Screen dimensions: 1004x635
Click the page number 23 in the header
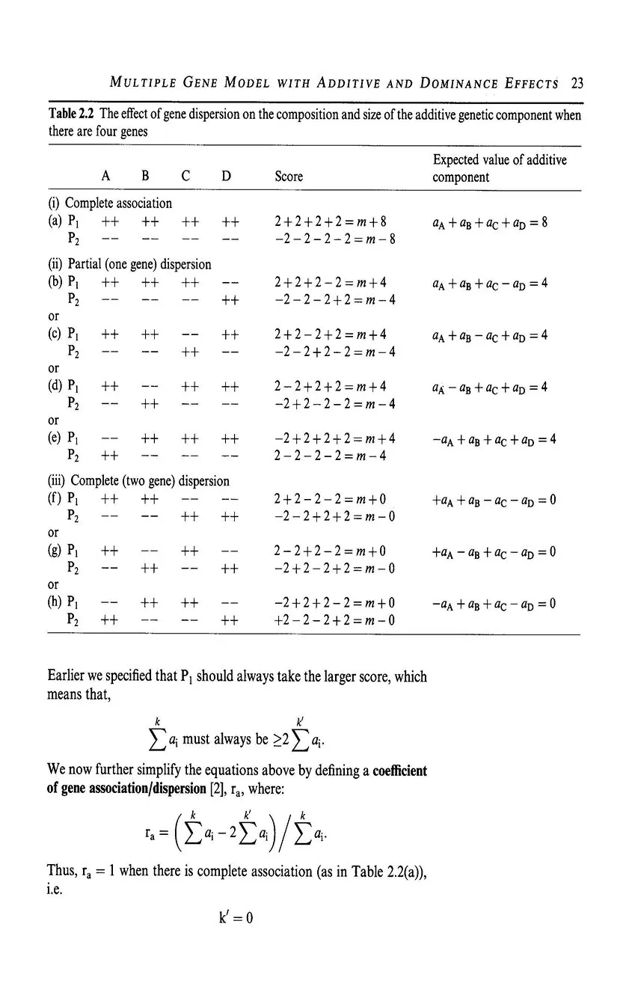click(576, 83)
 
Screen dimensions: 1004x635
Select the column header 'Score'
click(289, 177)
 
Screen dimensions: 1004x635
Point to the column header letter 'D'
click(226, 177)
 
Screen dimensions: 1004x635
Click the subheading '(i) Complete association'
click(109, 203)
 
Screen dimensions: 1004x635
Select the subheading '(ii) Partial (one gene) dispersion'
click(129, 263)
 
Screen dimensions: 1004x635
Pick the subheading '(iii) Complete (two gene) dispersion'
click(138, 480)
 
